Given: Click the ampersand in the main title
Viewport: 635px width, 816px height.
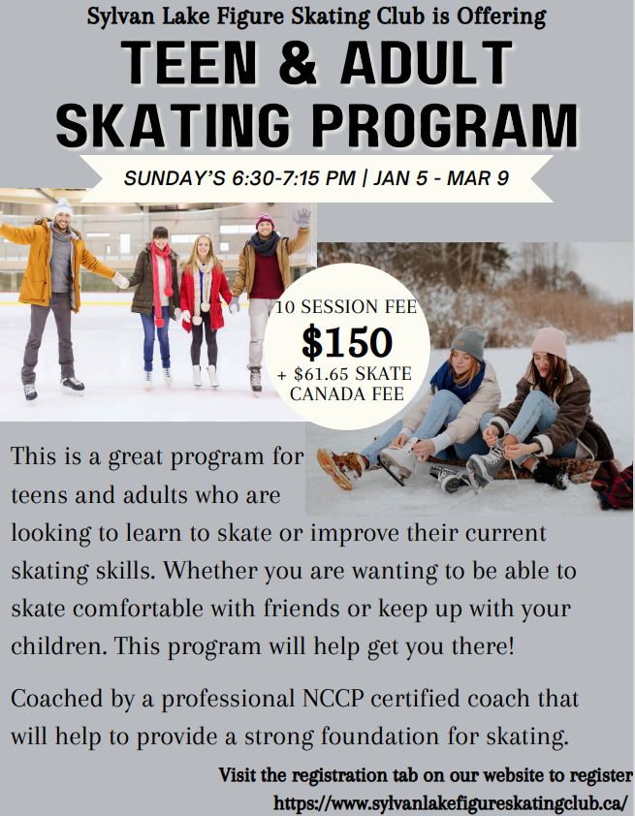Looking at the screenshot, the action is click(x=298, y=62).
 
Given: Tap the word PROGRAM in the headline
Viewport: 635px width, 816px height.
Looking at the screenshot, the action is click(x=446, y=125).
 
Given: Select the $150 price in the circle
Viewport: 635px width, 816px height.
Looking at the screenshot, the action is click(x=347, y=342).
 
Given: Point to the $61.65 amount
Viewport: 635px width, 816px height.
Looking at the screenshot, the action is click(x=327, y=374).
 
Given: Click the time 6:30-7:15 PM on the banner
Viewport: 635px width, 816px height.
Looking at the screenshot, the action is click(x=294, y=178).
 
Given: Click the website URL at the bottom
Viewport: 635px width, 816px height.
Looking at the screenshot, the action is click(x=451, y=803).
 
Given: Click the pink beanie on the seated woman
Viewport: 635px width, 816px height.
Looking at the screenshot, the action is click(x=550, y=342).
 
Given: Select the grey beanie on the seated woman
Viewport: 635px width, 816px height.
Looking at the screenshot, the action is click(x=468, y=343).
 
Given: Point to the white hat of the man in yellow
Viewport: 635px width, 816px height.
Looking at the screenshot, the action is click(x=63, y=207).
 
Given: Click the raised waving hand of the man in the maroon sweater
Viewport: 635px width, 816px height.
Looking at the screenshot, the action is click(x=302, y=217).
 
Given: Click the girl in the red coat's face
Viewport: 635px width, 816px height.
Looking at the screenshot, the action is click(x=203, y=248).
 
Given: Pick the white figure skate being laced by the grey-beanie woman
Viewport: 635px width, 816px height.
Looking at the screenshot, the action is click(x=398, y=461).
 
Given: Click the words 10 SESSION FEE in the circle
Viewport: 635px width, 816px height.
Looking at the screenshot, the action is click(x=346, y=307).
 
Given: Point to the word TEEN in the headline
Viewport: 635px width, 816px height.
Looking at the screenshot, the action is click(x=188, y=62).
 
